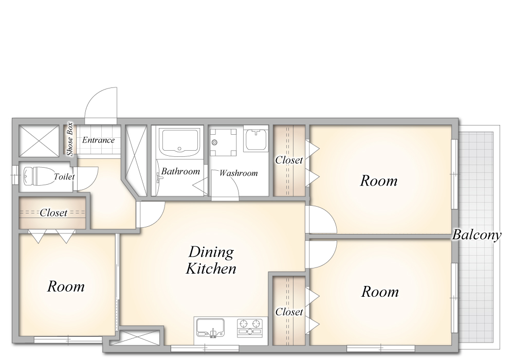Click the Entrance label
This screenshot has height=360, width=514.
pos(98,140)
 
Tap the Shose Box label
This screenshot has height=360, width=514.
pos(69,139)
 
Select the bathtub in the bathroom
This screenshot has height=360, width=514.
pos(179,142)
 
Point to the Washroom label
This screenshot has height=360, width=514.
pos(238,173)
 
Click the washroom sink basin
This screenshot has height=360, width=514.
pos(256,139)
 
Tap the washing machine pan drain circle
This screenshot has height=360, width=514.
pos(215,142)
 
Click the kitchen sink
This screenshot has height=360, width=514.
pos(210,328)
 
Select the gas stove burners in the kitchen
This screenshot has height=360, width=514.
pos(250,328)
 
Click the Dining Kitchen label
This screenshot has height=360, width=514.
pos(211,260)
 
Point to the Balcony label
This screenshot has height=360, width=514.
pos(477,235)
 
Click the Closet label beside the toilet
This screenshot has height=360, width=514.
pos(53,213)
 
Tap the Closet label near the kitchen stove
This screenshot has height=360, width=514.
pos(289,312)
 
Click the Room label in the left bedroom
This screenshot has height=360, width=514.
pos(66,286)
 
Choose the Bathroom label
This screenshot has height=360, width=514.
pos(180,171)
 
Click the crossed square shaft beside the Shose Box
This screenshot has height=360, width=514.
pos(39,141)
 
